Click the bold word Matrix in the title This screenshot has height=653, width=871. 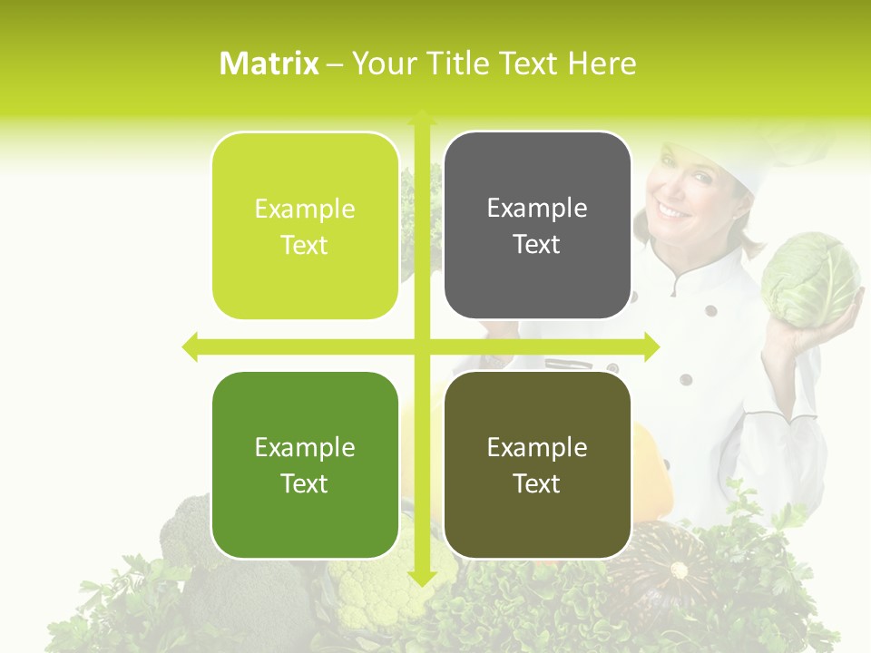click(x=269, y=63)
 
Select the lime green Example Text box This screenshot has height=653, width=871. click(x=305, y=226)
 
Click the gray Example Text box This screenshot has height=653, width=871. click(x=537, y=226)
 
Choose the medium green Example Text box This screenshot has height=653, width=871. click(x=305, y=465)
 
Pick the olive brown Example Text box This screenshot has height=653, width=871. click(x=537, y=465)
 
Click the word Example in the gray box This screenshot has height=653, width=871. click(x=537, y=209)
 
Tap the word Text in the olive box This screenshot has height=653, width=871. click(x=537, y=483)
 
